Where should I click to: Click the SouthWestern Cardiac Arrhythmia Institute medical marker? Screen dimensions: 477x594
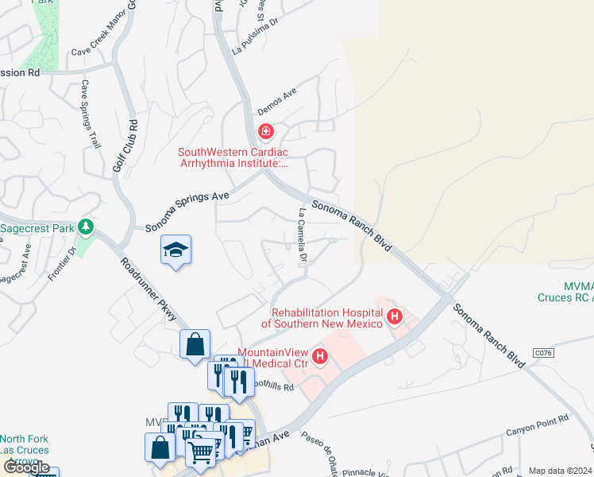(265, 131)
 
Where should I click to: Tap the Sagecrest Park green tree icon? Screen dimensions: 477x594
(86, 228)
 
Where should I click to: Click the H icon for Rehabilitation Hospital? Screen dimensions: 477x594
(394, 319)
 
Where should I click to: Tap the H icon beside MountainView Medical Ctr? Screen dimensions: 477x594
(320, 358)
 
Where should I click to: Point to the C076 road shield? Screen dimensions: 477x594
(543, 352)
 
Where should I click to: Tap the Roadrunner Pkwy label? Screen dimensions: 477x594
(148, 290)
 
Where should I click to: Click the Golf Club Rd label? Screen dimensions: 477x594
(126, 147)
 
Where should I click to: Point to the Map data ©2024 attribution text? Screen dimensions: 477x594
(560, 471)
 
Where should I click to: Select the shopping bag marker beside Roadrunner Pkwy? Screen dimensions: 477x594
(195, 346)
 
